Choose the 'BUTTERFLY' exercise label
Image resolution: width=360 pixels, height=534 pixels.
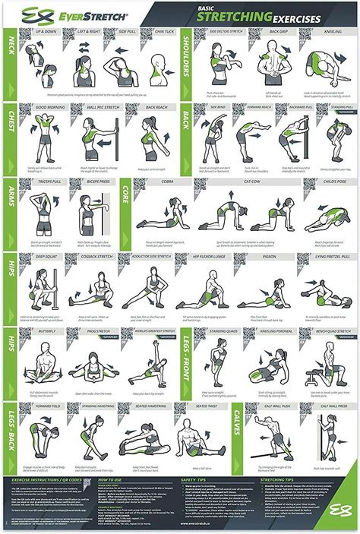pyautogui.click(x=43, y=332)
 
